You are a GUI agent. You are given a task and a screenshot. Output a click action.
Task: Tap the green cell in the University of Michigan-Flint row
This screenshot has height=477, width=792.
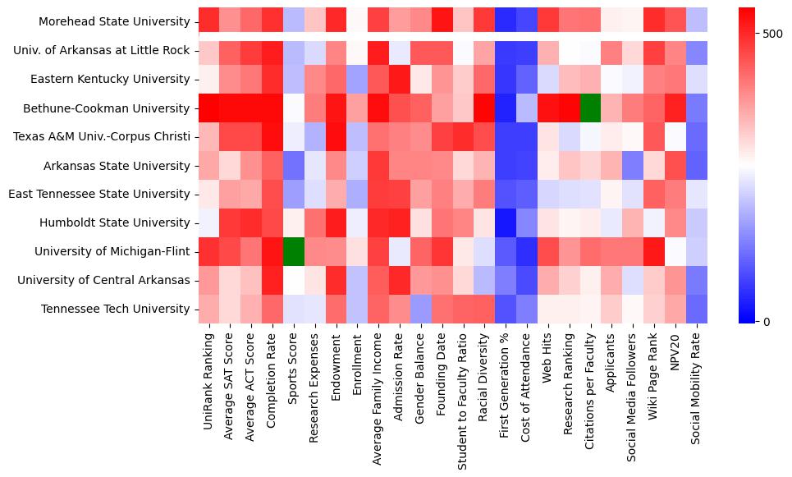click(293, 251)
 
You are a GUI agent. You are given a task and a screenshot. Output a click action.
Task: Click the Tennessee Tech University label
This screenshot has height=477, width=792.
click(114, 309)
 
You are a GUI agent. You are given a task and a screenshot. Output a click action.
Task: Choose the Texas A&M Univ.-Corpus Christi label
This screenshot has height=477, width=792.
click(103, 136)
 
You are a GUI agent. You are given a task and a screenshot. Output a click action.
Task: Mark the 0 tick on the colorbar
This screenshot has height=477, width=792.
click(767, 321)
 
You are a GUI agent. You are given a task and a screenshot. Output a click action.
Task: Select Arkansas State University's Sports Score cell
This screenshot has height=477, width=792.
click(293, 165)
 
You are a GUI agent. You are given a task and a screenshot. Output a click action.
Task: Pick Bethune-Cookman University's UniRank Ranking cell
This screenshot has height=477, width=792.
click(208, 108)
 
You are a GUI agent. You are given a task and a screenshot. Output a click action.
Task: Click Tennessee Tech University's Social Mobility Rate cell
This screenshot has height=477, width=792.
click(696, 309)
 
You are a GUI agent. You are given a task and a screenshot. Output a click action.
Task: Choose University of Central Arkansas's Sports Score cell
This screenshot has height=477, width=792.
click(293, 280)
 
